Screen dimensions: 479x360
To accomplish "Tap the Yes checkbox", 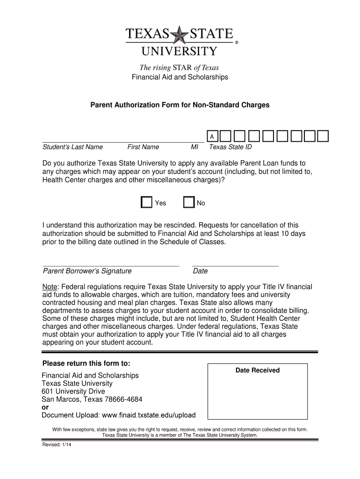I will click(146, 202).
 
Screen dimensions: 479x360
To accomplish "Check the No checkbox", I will click(189, 202).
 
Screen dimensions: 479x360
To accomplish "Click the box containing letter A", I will click(212, 137).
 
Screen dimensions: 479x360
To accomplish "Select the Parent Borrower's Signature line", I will click(111, 265).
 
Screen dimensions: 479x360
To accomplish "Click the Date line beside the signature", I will click(235, 265).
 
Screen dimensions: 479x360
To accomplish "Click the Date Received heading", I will click(257, 370).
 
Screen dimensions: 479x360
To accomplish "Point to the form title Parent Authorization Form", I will click(180, 105).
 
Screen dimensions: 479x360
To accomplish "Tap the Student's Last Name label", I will click(72, 147).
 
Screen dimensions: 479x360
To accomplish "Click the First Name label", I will click(143, 147).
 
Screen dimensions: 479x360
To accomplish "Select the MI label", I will click(194, 147).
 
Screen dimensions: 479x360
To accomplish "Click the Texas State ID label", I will click(230, 147).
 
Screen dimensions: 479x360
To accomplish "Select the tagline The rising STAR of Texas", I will click(180, 68).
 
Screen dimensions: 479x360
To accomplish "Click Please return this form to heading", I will click(86, 364).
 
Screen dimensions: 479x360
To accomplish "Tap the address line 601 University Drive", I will click(73, 392).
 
